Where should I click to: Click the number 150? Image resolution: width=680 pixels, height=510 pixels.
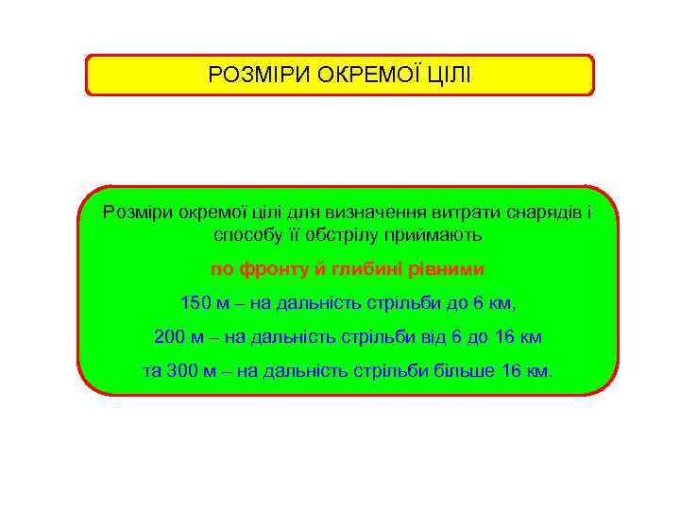pos(195,303)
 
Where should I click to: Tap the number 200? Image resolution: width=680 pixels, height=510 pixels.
pos(169,337)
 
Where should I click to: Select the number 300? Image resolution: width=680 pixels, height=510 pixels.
pos(182,371)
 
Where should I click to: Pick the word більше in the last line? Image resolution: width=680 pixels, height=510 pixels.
pos(467,371)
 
